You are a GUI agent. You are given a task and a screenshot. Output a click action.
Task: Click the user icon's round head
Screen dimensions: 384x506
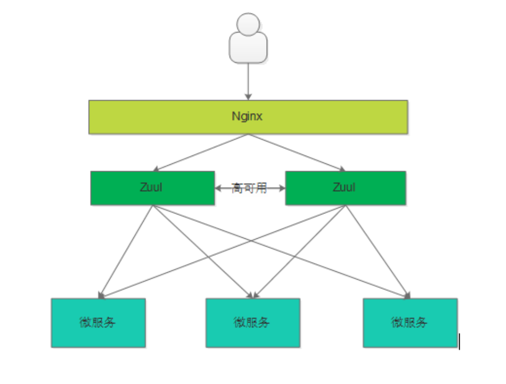248,24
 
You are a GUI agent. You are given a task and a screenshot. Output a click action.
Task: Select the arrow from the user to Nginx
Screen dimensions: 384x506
248,80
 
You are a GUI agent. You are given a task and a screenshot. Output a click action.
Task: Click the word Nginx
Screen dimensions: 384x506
248,116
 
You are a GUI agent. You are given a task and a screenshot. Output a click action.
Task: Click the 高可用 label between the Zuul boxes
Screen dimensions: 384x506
249,188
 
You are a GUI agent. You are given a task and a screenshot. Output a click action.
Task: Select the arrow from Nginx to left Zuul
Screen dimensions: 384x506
202,152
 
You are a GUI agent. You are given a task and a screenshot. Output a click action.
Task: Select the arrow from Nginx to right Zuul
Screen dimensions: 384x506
297,152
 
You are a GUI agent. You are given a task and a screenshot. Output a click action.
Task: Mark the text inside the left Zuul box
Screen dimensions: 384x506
151,187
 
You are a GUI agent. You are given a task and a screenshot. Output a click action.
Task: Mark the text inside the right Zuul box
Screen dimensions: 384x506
344,187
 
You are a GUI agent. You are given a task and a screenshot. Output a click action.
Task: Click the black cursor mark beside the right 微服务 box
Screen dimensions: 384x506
459,341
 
